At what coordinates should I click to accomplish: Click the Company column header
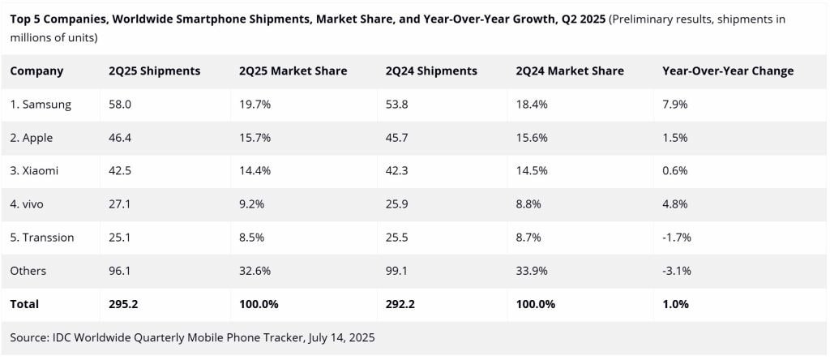(36, 71)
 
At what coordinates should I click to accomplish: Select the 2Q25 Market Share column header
(293, 71)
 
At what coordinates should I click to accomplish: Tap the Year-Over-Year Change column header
(728, 71)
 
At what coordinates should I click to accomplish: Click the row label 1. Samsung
(41, 105)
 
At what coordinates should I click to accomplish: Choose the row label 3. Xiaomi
(35, 171)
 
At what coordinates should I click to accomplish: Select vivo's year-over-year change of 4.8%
(674, 204)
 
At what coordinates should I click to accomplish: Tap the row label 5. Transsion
(42, 238)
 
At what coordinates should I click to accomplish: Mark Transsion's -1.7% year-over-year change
(677, 238)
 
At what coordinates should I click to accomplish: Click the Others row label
(28, 271)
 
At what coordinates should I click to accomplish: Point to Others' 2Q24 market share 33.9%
(533, 271)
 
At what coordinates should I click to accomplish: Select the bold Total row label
(24, 304)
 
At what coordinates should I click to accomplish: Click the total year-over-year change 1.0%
(675, 304)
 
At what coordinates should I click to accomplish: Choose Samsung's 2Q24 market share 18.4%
(532, 105)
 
